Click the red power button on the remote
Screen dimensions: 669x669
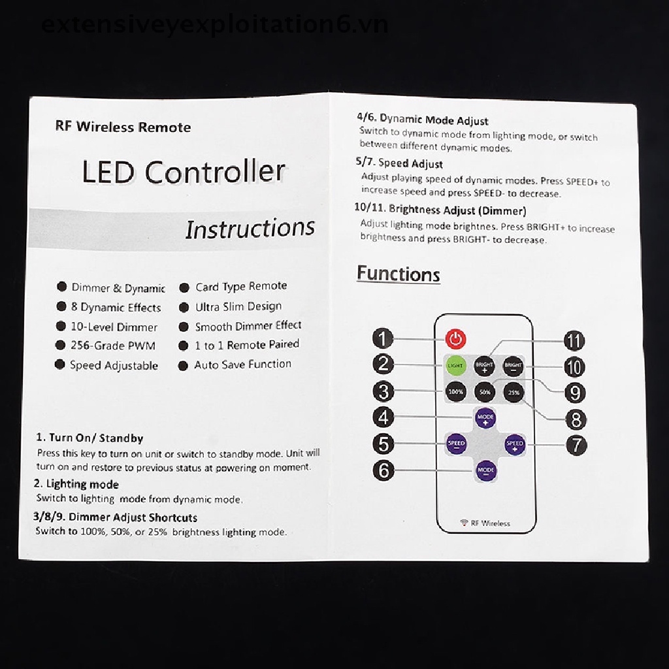(x=456, y=338)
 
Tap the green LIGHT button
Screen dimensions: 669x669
(x=455, y=365)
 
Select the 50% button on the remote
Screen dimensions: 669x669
(x=485, y=392)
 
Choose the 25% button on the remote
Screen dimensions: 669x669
(x=514, y=392)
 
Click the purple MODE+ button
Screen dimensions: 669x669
(x=485, y=417)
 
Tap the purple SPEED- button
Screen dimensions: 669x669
(x=456, y=444)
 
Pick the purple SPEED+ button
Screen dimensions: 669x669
(x=515, y=444)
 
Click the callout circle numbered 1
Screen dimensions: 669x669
(x=383, y=338)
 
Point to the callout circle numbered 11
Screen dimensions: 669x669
(x=574, y=340)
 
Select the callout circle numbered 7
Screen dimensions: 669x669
(x=576, y=446)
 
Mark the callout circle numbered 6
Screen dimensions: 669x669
(x=383, y=470)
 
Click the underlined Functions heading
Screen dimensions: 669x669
(x=398, y=274)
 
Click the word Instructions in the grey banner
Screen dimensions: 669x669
(x=250, y=229)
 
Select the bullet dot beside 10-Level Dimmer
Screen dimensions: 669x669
(x=61, y=326)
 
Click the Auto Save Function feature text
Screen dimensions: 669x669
(x=242, y=365)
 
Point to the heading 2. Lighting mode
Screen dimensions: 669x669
(x=77, y=484)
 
